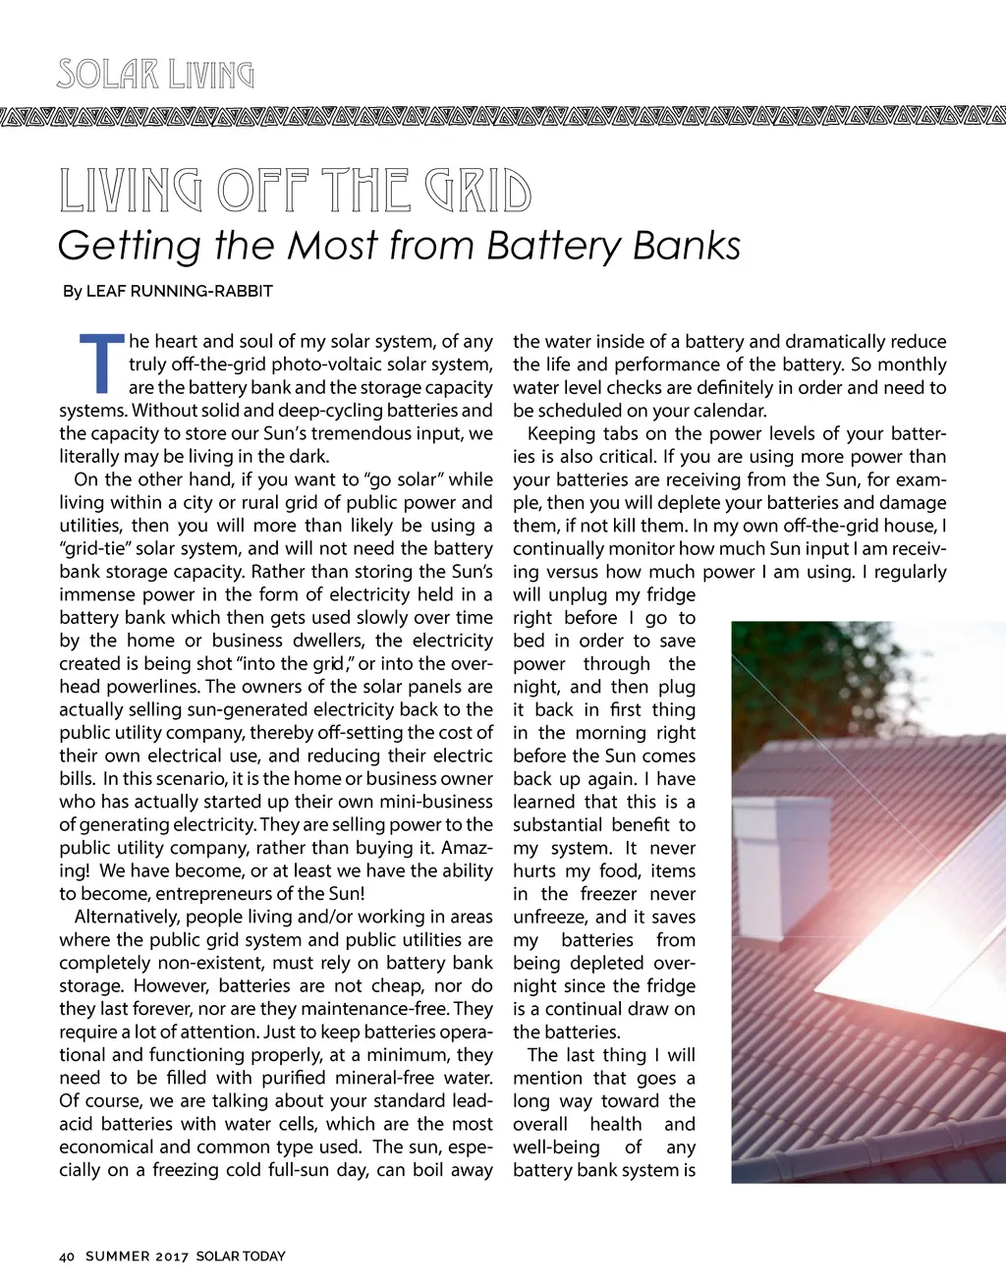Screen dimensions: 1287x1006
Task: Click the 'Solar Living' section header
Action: tap(155, 75)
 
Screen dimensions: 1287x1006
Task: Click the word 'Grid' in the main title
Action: tap(478, 191)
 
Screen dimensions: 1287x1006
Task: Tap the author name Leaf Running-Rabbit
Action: tap(179, 291)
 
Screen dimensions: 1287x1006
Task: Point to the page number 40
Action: tap(67, 1257)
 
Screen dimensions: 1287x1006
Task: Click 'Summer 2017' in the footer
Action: tap(138, 1257)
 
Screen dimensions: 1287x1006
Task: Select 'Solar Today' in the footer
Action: tap(241, 1257)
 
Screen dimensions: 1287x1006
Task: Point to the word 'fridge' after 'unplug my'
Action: tap(670, 595)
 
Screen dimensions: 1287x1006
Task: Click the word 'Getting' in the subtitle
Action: tap(129, 246)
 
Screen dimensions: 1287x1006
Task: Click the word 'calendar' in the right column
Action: tap(728, 411)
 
